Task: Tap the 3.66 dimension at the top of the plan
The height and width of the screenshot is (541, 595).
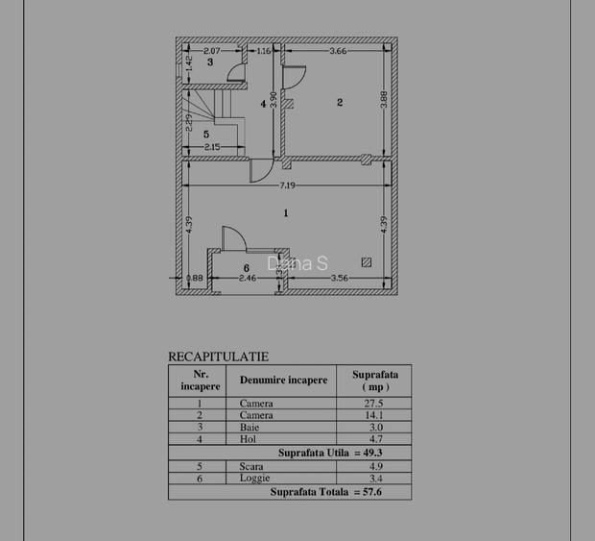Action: pyautogui.click(x=336, y=50)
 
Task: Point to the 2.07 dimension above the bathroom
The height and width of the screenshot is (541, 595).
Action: pyautogui.click(x=211, y=50)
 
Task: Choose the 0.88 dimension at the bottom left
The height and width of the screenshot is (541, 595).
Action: pyautogui.click(x=194, y=280)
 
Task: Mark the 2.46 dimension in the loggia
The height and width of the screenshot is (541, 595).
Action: pyautogui.click(x=247, y=280)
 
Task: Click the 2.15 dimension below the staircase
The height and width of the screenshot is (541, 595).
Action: pyautogui.click(x=211, y=147)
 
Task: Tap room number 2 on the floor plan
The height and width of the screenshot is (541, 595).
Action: pyautogui.click(x=339, y=102)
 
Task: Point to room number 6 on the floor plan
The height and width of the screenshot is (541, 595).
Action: pyautogui.click(x=246, y=267)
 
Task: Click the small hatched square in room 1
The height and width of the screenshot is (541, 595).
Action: pyautogui.click(x=366, y=261)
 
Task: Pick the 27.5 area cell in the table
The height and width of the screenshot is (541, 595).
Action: pyautogui.click(x=374, y=405)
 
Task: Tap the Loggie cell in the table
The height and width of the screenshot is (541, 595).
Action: pyautogui.click(x=255, y=477)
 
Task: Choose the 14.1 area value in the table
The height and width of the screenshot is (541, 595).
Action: pyautogui.click(x=374, y=416)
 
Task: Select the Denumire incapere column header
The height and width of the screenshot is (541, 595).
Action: pyautogui.click(x=283, y=381)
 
